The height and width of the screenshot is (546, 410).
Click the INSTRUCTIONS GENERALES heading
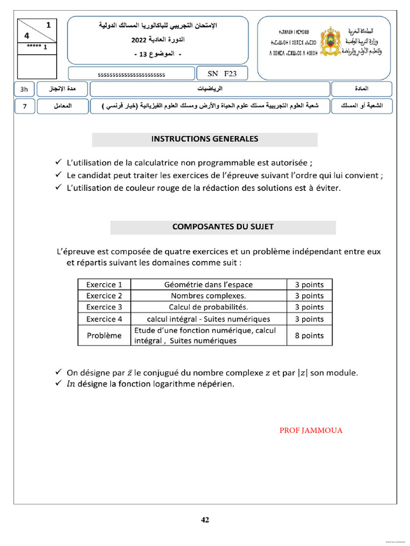204,139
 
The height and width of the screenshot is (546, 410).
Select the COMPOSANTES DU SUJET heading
223,227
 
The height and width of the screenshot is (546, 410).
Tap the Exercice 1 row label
104,285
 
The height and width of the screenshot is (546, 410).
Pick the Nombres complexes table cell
208,296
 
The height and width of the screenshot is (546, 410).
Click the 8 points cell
309,335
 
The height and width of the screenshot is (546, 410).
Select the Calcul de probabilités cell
208,307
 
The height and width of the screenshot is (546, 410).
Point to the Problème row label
104,335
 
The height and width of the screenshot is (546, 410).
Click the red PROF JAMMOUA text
311,431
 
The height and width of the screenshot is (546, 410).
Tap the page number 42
205,520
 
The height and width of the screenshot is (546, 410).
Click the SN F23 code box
218,74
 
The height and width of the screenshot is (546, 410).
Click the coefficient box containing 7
24,107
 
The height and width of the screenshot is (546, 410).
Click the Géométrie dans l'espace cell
208,285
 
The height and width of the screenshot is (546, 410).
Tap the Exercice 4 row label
104,319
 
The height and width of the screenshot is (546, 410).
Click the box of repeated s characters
131,75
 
